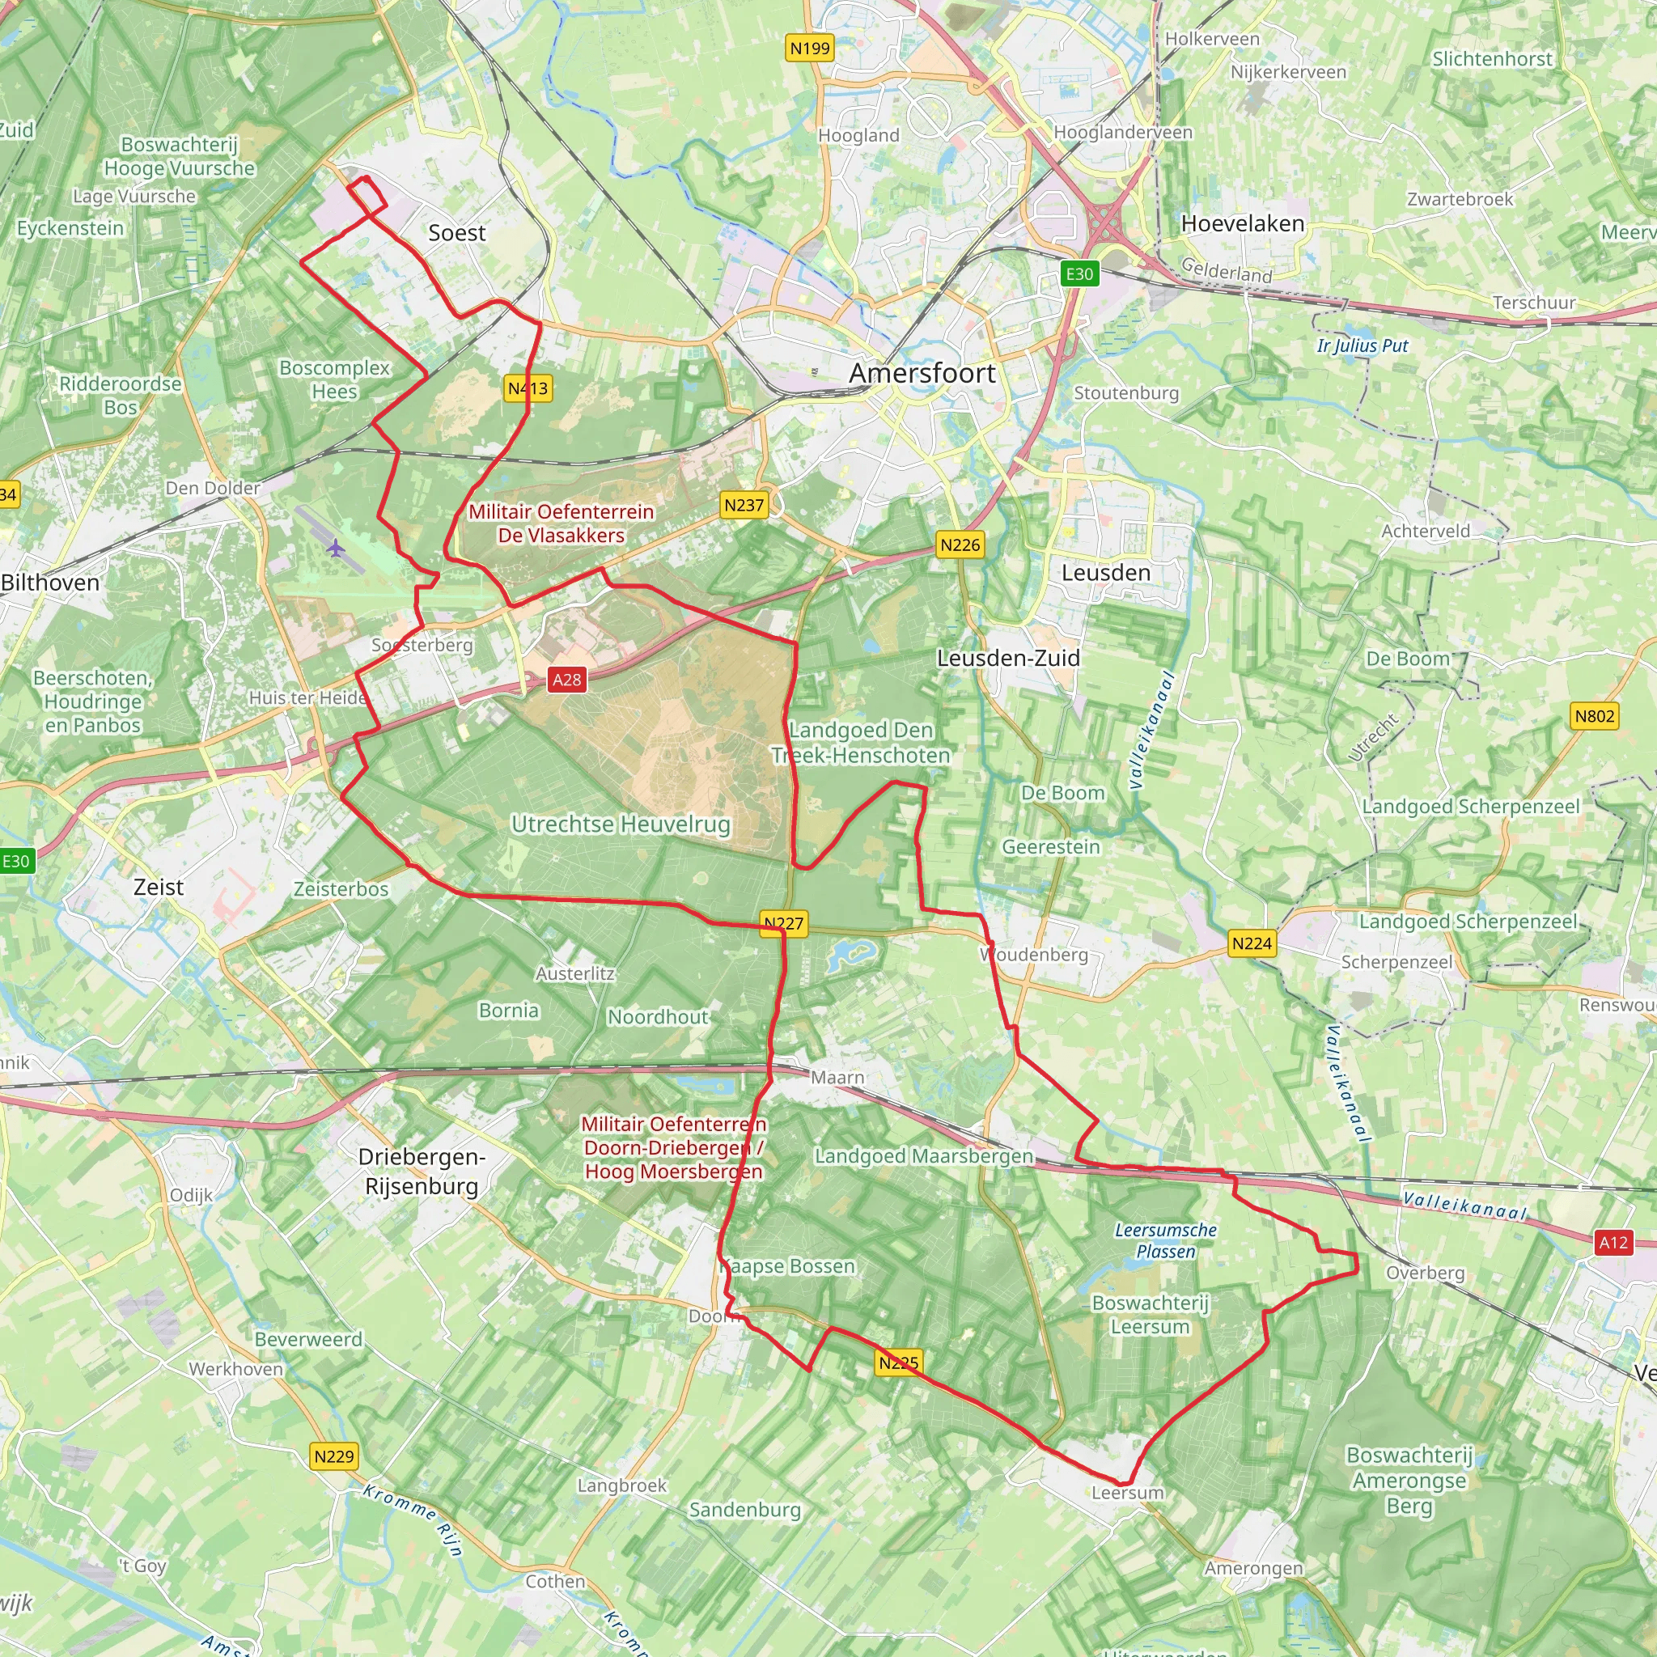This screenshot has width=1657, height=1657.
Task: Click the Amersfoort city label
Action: [922, 373]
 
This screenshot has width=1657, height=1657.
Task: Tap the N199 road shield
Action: [810, 48]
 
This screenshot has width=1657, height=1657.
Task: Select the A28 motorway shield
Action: [566, 680]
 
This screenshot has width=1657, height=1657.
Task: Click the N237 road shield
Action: [744, 505]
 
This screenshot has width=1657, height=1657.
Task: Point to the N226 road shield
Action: [960, 545]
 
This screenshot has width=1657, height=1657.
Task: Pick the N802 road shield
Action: [1595, 716]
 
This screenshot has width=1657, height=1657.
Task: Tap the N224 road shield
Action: [1252, 943]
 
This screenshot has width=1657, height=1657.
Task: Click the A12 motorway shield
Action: [1613, 1242]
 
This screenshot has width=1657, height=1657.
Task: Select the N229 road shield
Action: [333, 1456]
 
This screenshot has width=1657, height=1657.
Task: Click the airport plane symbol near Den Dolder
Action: [334, 547]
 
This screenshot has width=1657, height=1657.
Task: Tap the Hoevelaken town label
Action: [1243, 224]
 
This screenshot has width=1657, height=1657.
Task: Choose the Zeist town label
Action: [159, 887]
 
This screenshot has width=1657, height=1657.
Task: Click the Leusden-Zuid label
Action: [1008, 658]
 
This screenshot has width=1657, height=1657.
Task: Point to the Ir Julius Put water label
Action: [1362, 345]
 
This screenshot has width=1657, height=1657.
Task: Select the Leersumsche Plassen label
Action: [1166, 1240]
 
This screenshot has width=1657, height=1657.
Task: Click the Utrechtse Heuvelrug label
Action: [621, 824]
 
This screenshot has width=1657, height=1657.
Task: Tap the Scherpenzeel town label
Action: [1396, 962]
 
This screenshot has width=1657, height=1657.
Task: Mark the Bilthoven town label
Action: [51, 583]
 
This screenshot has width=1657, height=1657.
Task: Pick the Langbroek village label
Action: [622, 1485]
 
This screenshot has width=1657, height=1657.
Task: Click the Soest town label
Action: [456, 232]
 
